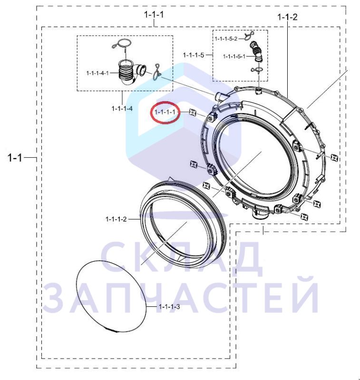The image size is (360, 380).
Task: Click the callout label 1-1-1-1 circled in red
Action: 165,112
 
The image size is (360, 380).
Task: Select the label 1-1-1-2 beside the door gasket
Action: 116,219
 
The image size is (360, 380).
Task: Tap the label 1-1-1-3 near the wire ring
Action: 169,307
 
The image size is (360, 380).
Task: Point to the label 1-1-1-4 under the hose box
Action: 122,108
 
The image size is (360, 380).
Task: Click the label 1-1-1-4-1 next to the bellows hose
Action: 97,73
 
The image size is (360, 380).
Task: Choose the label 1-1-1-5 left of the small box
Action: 194,55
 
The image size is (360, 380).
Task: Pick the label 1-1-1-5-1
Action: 234,57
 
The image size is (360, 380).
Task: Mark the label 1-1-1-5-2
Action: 226,39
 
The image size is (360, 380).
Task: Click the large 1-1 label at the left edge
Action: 15,158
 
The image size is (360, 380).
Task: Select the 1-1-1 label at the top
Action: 154,15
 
